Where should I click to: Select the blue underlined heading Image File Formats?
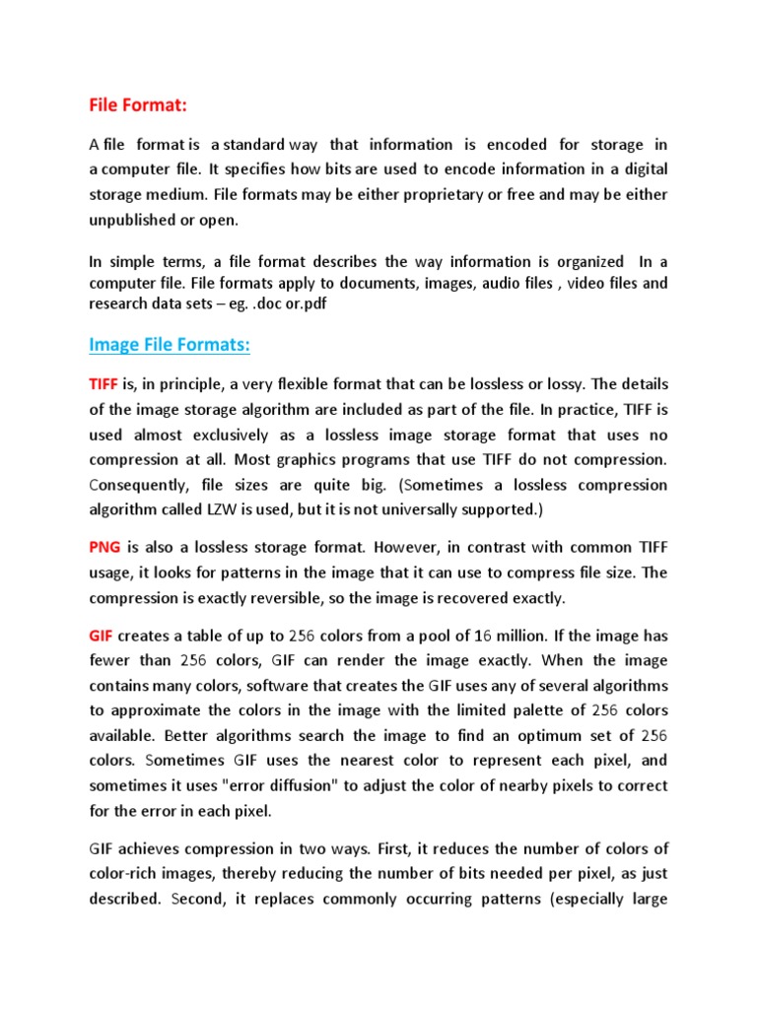[x=170, y=344]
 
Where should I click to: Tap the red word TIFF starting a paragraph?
[x=104, y=383]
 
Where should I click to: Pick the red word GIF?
[x=102, y=634]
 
